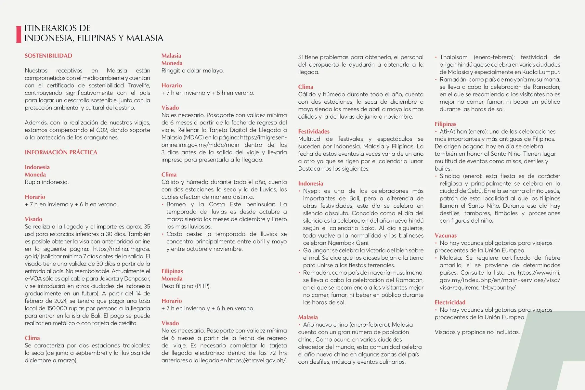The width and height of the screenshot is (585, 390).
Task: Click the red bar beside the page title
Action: pos(19,34)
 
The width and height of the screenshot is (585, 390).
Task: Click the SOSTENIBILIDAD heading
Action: pos(48,56)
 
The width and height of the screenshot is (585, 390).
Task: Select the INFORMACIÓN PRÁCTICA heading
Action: pos(61,152)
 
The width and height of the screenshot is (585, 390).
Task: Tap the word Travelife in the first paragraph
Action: pos(139,85)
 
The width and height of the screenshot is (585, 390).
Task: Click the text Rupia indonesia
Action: pos(47,182)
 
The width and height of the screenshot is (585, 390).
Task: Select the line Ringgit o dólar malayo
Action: pos(192,71)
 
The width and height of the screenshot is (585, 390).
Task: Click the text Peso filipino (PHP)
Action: pos(186,286)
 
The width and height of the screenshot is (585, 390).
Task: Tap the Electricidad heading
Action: pos(450,302)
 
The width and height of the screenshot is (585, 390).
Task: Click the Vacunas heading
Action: pos(446,236)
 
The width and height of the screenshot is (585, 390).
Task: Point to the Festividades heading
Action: pos(314,131)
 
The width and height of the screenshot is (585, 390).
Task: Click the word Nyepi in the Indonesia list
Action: pos(311,191)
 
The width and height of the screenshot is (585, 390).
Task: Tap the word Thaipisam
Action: pos(453,57)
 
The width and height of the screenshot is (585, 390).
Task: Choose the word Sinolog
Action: pos(449,176)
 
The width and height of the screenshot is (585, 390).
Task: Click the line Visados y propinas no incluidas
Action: pos(477,332)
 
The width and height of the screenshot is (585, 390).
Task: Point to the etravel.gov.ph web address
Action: pos(257,360)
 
